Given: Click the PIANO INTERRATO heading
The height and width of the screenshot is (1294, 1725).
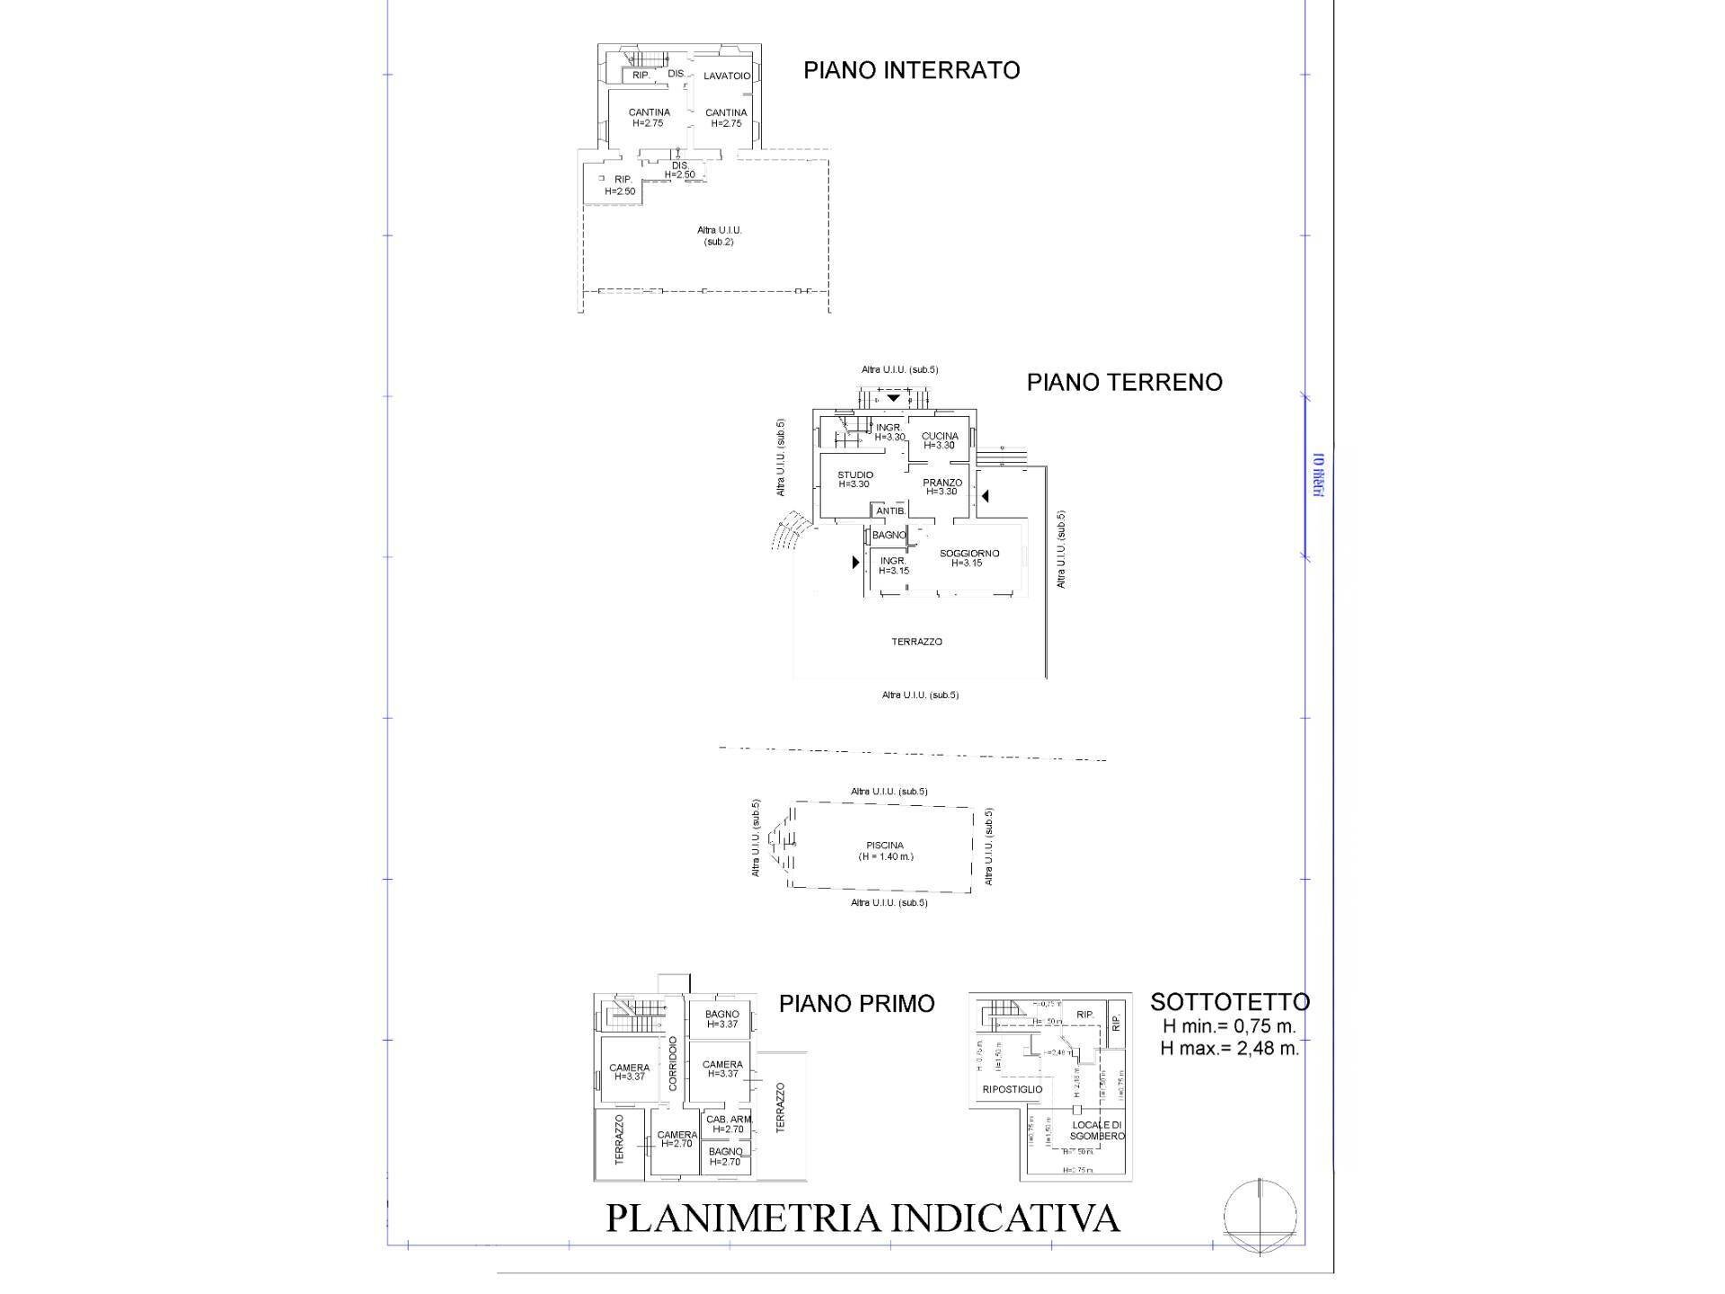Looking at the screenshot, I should tap(911, 70).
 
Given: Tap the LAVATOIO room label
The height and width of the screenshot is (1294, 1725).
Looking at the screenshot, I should tap(726, 76).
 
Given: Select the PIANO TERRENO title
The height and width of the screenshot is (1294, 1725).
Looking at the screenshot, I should tap(1124, 382).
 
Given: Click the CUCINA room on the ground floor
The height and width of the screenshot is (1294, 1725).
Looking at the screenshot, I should tap(940, 440).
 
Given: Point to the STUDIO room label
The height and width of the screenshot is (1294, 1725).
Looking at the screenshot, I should tap(854, 479).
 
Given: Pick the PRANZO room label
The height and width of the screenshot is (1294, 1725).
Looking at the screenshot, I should tap(942, 486).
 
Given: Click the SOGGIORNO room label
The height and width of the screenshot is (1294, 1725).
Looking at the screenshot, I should tap(969, 558).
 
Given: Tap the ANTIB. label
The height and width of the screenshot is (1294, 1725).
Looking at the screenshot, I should tap(890, 511).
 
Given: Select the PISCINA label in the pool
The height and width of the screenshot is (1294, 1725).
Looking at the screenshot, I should tap(885, 850).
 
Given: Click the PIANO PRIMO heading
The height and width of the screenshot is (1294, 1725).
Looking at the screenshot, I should tap(856, 1004).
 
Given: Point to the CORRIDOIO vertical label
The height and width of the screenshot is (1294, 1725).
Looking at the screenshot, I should tap(673, 1064).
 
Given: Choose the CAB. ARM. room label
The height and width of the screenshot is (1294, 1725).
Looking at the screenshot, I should tap(728, 1124).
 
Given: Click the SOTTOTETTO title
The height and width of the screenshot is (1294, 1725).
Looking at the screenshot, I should tap(1229, 1002).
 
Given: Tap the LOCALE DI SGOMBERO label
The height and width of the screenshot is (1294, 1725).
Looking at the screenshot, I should tap(1097, 1130).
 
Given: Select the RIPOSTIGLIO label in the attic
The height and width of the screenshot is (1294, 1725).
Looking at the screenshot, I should tap(1012, 1089).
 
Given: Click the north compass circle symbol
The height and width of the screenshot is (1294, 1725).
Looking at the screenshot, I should tap(1260, 1216).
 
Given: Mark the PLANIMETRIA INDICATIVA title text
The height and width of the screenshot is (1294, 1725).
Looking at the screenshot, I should tap(862, 1219).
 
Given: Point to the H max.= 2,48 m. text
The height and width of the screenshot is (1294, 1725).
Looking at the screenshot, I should tap(1229, 1048).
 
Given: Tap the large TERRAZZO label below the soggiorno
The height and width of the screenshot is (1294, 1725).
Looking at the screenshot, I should tap(916, 642).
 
